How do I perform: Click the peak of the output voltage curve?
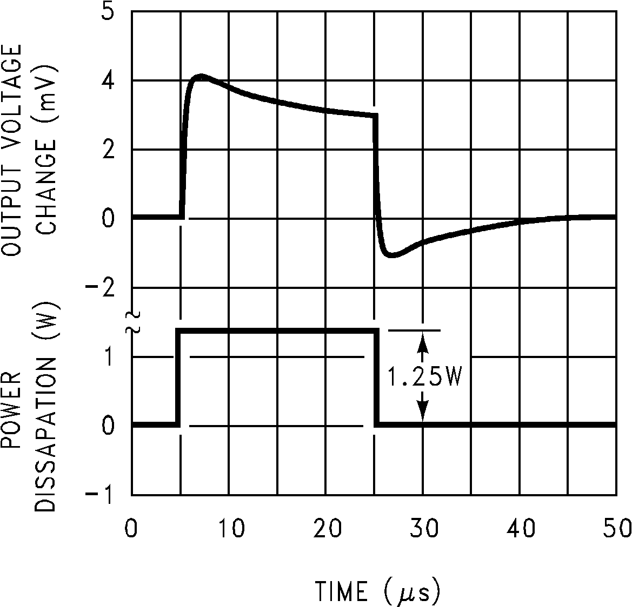201,77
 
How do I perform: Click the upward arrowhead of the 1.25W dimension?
423,339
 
